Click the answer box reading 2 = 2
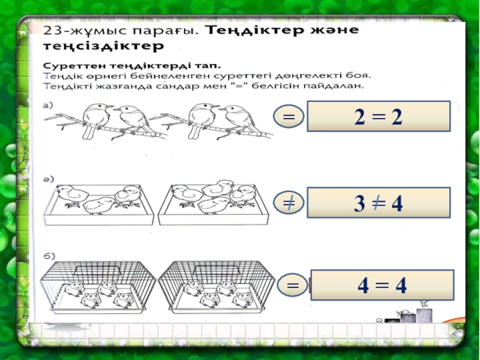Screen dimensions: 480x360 [x=379, y=116]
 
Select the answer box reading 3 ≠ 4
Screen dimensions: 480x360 [x=379, y=203]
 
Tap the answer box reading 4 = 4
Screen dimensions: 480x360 [x=382, y=285]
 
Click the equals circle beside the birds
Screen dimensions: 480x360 [x=289, y=116]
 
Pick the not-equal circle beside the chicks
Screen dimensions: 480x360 [x=289, y=203]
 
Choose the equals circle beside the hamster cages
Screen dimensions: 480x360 [x=293, y=286]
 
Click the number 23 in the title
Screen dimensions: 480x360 [x=52, y=31]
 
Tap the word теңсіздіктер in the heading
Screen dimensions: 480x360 [x=103, y=46]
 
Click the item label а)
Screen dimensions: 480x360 [x=48, y=106]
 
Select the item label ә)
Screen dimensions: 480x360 [x=48, y=179]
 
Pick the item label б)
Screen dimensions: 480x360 [x=49, y=256]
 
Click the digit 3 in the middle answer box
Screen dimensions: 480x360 [x=359, y=203]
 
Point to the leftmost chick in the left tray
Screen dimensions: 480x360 [x=72, y=196]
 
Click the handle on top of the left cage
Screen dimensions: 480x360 [x=97, y=269]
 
